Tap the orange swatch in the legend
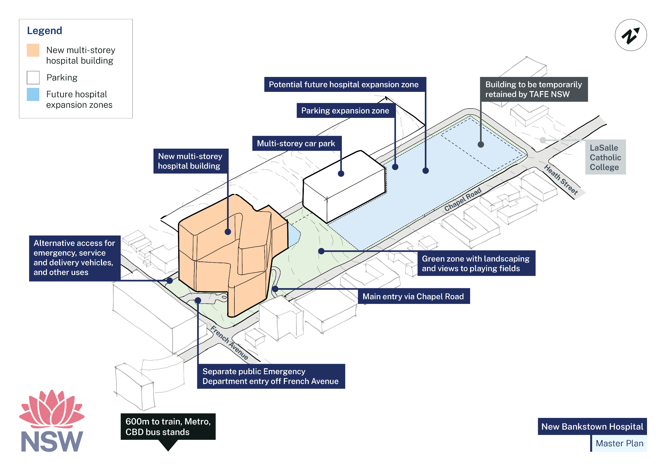pyautogui.click(x=33, y=50)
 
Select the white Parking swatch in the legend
pyautogui.click(x=33, y=78)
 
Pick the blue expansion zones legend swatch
pyautogui.click(x=33, y=95)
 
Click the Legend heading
pyautogui.click(x=44, y=30)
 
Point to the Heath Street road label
pyautogui.click(x=560, y=179)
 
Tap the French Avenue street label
pyautogui.click(x=229, y=342)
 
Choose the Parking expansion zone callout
pyautogui.click(x=345, y=111)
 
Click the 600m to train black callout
pyautogui.click(x=168, y=427)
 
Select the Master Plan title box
pyautogui.click(x=619, y=443)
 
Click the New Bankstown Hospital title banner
pyautogui.click(x=592, y=426)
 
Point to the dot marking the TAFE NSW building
pyautogui.click(x=481, y=144)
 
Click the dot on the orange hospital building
pyautogui.click(x=228, y=232)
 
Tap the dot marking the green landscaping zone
pyautogui.click(x=321, y=251)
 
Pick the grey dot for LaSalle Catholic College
pyautogui.click(x=542, y=140)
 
